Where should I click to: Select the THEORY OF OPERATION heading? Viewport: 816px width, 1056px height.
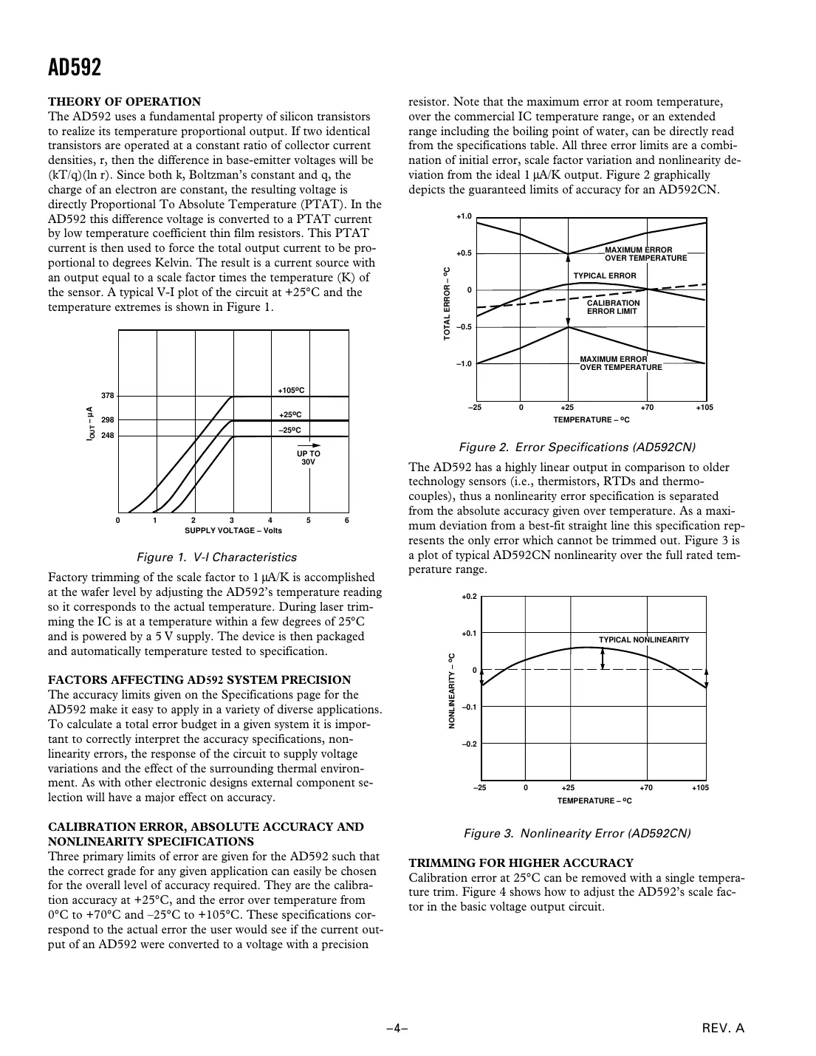[x=124, y=102]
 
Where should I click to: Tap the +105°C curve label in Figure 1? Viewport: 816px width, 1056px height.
[x=291, y=390]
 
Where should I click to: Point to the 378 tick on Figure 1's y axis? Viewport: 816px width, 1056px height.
[x=107, y=396]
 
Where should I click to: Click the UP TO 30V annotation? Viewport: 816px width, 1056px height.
[x=308, y=457]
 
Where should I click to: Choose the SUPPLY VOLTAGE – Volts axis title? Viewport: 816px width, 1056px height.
[x=233, y=530]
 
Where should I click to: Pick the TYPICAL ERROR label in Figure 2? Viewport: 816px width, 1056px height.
[x=604, y=276]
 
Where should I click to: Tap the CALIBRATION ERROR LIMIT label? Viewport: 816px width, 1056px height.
[x=613, y=307]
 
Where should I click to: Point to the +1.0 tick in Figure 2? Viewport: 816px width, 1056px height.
[x=463, y=216]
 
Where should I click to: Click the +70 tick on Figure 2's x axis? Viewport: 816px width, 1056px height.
[x=647, y=408]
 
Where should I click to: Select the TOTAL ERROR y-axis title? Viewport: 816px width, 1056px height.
[x=447, y=304]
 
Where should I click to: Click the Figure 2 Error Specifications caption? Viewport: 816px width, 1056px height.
[x=577, y=448]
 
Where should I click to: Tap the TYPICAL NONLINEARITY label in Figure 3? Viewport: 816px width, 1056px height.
[x=643, y=640]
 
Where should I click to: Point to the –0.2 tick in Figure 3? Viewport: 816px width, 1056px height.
[x=469, y=744]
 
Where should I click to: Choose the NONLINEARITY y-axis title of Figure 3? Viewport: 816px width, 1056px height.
[x=451, y=691]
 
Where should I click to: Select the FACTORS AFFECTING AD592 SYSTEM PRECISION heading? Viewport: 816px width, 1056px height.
[x=199, y=680]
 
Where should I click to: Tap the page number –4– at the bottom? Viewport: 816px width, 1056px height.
[x=397, y=1028]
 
